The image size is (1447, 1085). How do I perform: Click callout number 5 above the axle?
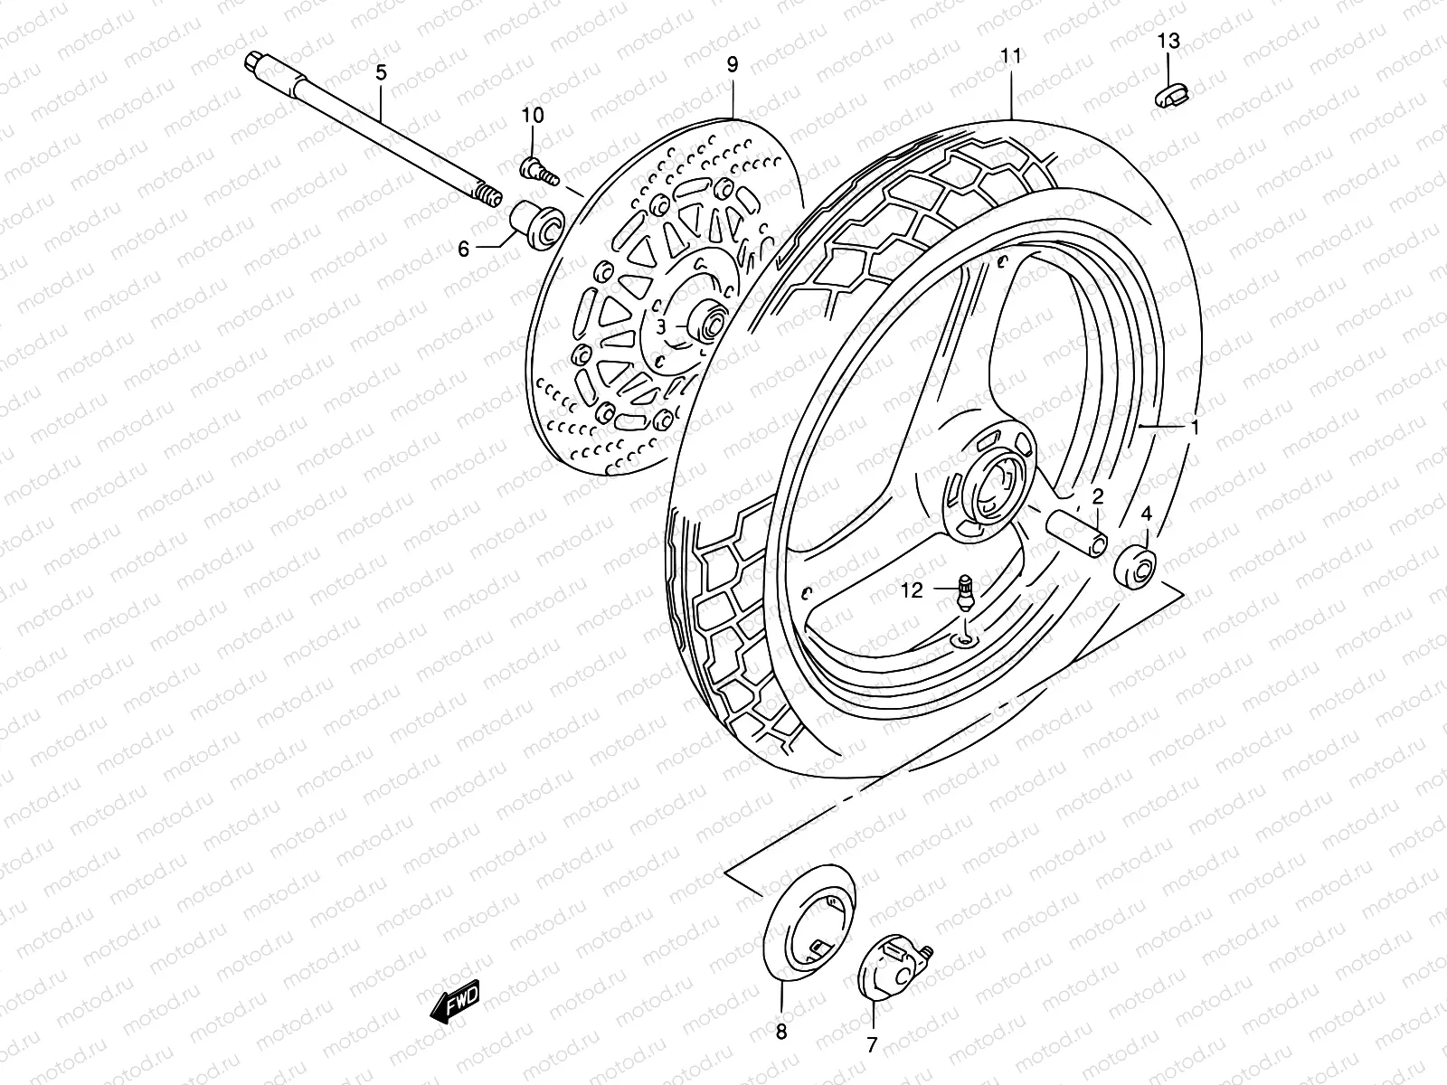[381, 72]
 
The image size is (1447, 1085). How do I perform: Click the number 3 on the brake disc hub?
[661, 326]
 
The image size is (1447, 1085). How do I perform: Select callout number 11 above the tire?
[1010, 56]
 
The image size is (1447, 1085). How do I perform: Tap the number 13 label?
[1168, 41]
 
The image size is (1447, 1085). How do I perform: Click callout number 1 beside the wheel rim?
[1195, 428]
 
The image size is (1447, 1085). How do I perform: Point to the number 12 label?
[912, 590]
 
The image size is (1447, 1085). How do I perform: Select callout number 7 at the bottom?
[872, 1045]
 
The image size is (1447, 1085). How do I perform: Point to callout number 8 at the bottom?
[781, 1031]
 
